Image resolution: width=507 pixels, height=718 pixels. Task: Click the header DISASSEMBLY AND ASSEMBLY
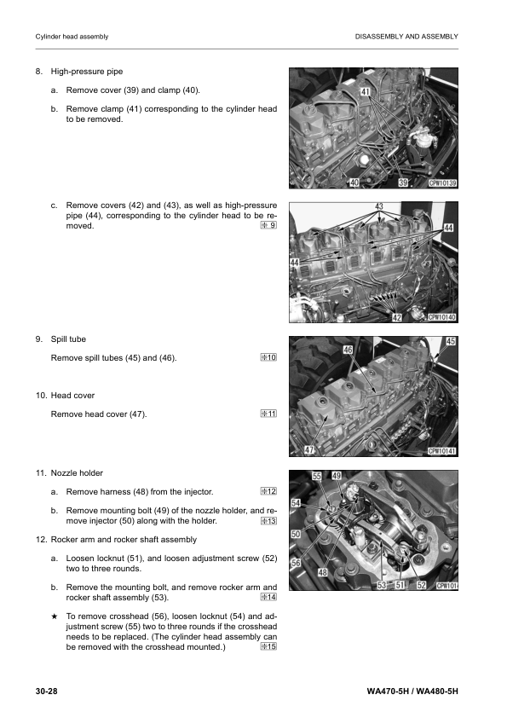pos(406,37)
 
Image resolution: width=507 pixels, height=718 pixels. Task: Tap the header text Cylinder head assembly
pos(71,37)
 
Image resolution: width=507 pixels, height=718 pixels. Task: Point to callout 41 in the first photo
pos(365,90)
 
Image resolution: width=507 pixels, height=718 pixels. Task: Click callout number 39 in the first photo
pos(404,182)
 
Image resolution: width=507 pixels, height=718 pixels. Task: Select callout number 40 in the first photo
pos(355,182)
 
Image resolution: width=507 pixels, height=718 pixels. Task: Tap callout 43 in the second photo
pos(378,207)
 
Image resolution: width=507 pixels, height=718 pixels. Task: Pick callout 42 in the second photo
pos(397,317)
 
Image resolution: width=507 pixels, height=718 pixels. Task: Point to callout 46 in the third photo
pos(348,350)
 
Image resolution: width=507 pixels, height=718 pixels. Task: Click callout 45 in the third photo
pos(451,341)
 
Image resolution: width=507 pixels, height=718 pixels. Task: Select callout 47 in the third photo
pos(310,450)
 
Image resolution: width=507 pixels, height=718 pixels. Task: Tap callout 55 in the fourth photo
pos(317,476)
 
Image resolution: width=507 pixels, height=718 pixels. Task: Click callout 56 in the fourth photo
pos(296,564)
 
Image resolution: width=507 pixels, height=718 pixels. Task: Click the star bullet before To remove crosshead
pos(55,615)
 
